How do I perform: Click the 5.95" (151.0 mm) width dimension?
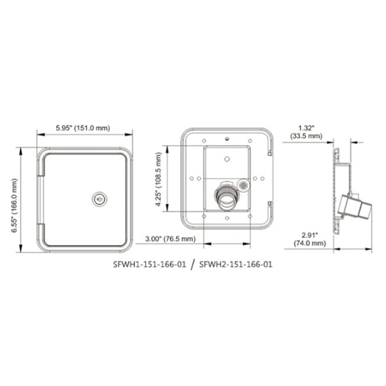(83, 128)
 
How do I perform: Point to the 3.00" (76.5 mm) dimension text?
(171, 239)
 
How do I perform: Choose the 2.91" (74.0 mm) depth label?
(309, 240)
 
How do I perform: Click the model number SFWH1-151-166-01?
(150, 264)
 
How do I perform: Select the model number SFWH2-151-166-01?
(236, 264)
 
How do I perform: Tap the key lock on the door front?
(98, 199)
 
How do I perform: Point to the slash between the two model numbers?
(193, 264)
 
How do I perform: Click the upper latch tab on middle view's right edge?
(270, 153)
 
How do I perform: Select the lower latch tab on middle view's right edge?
(270, 204)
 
